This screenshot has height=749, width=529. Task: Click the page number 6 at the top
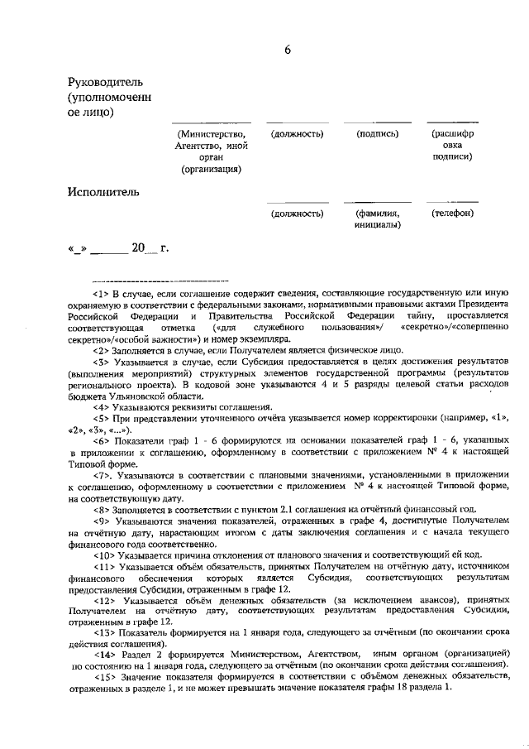click(288, 49)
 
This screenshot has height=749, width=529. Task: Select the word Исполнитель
click(103, 192)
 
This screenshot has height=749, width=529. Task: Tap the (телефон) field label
click(452, 214)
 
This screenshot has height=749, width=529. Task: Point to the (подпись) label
click(378, 133)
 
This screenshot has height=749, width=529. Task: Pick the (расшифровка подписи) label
click(452, 145)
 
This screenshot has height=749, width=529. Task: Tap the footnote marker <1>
click(102, 294)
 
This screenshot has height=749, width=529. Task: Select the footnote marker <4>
click(102, 406)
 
